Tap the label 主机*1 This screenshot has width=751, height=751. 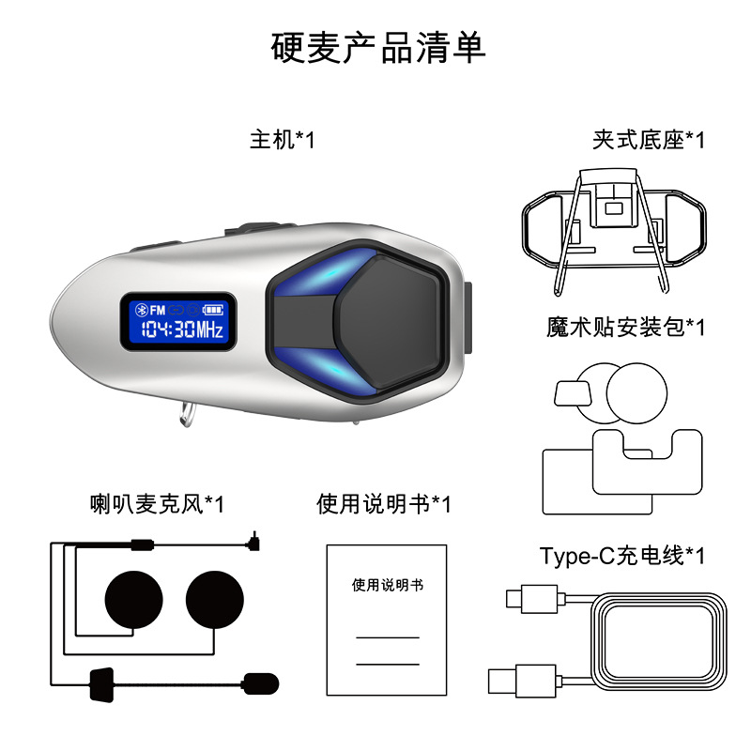[283, 141]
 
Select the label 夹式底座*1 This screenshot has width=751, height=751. [648, 141]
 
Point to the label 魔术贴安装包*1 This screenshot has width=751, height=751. [625, 327]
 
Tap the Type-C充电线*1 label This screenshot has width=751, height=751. [621, 556]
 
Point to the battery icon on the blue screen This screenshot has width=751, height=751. [217, 309]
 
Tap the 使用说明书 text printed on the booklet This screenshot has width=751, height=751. [387, 585]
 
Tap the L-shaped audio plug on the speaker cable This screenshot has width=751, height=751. [254, 542]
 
